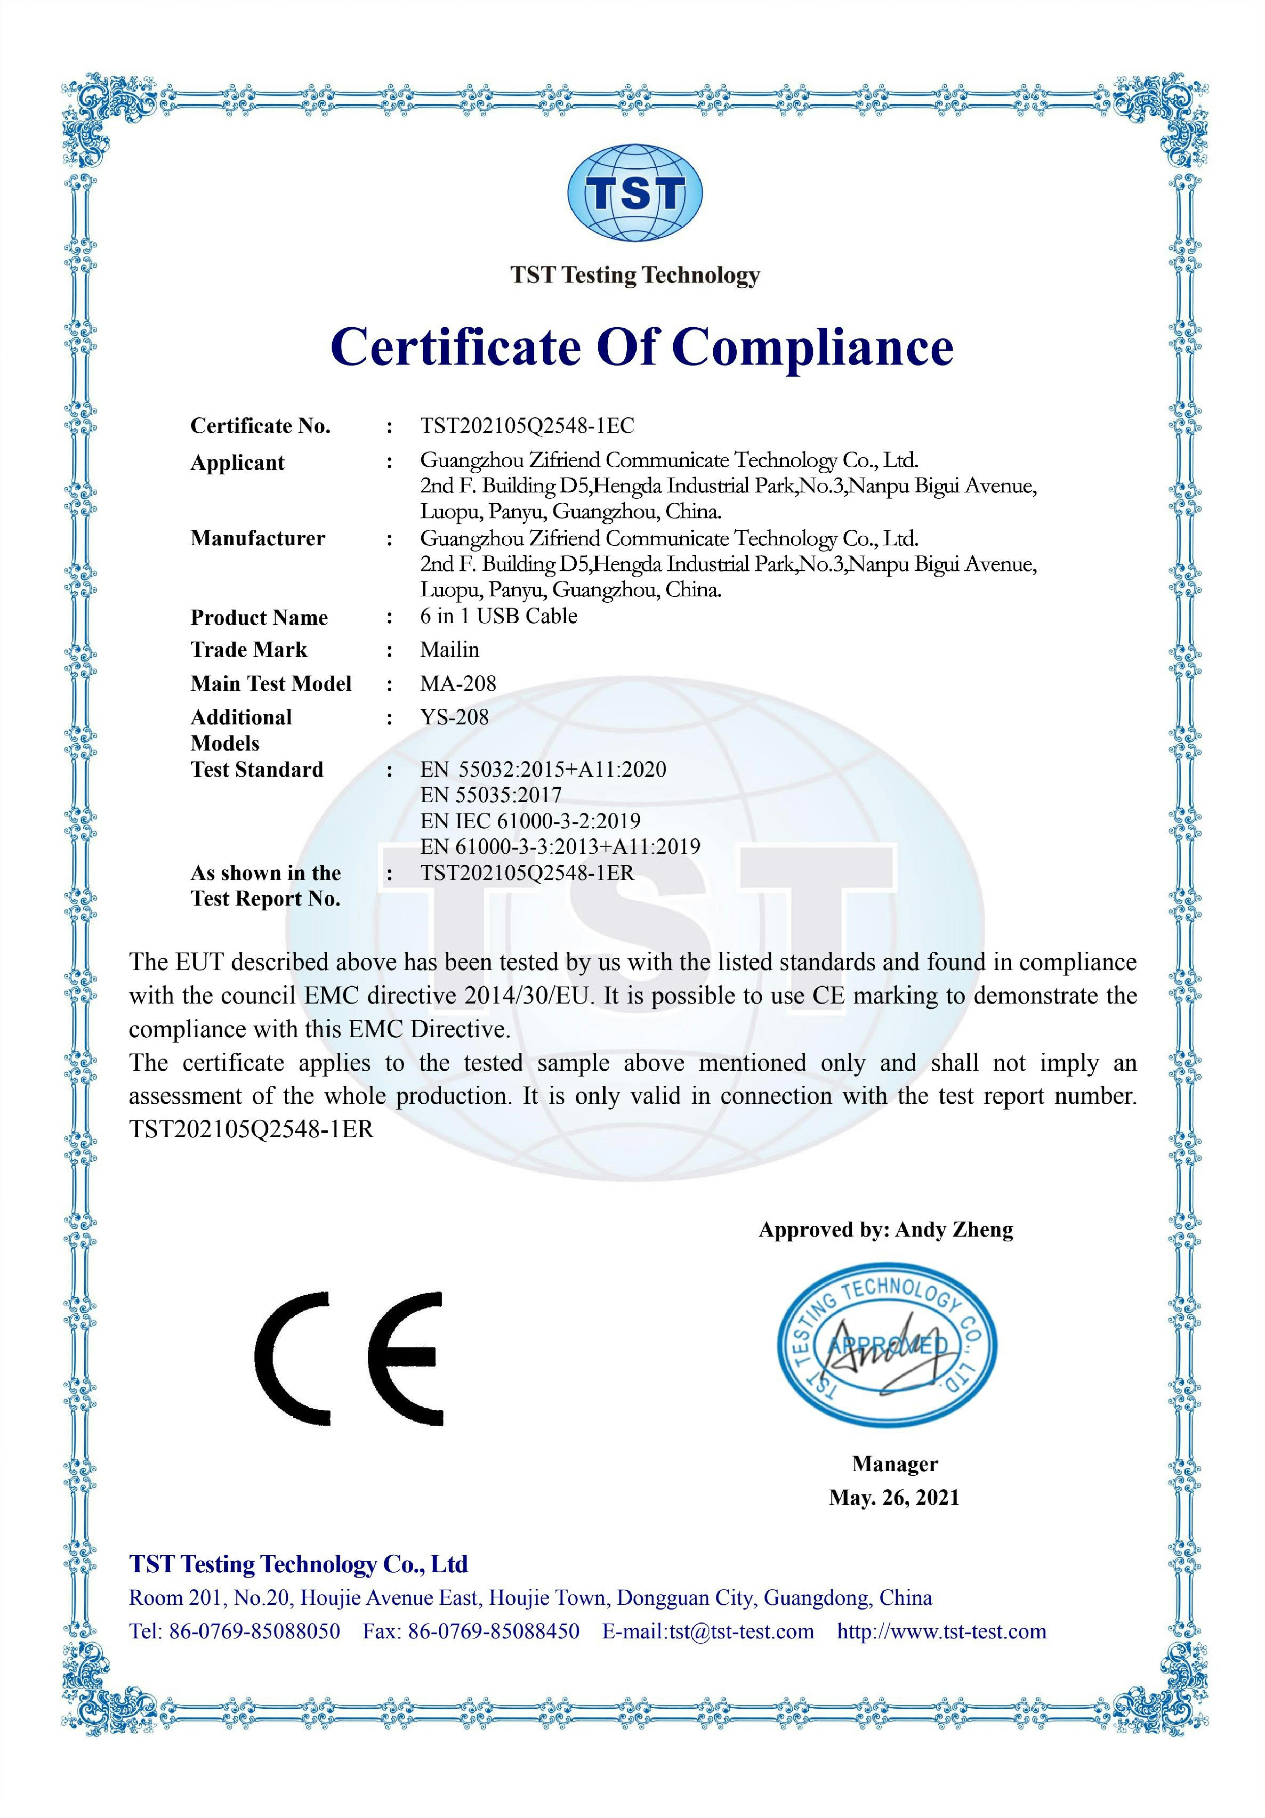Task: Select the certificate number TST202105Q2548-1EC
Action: click(x=527, y=426)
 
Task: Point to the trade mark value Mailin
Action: click(x=449, y=650)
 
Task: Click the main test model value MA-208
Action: click(x=458, y=683)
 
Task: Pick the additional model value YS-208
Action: click(x=454, y=717)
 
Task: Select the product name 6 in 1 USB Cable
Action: click(x=498, y=616)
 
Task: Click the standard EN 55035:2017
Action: click(x=491, y=795)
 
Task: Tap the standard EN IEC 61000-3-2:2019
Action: click(x=530, y=821)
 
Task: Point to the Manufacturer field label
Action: click(x=257, y=538)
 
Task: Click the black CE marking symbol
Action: click(x=349, y=1359)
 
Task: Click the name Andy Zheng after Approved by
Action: click(x=954, y=1230)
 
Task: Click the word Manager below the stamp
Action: click(x=894, y=1464)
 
